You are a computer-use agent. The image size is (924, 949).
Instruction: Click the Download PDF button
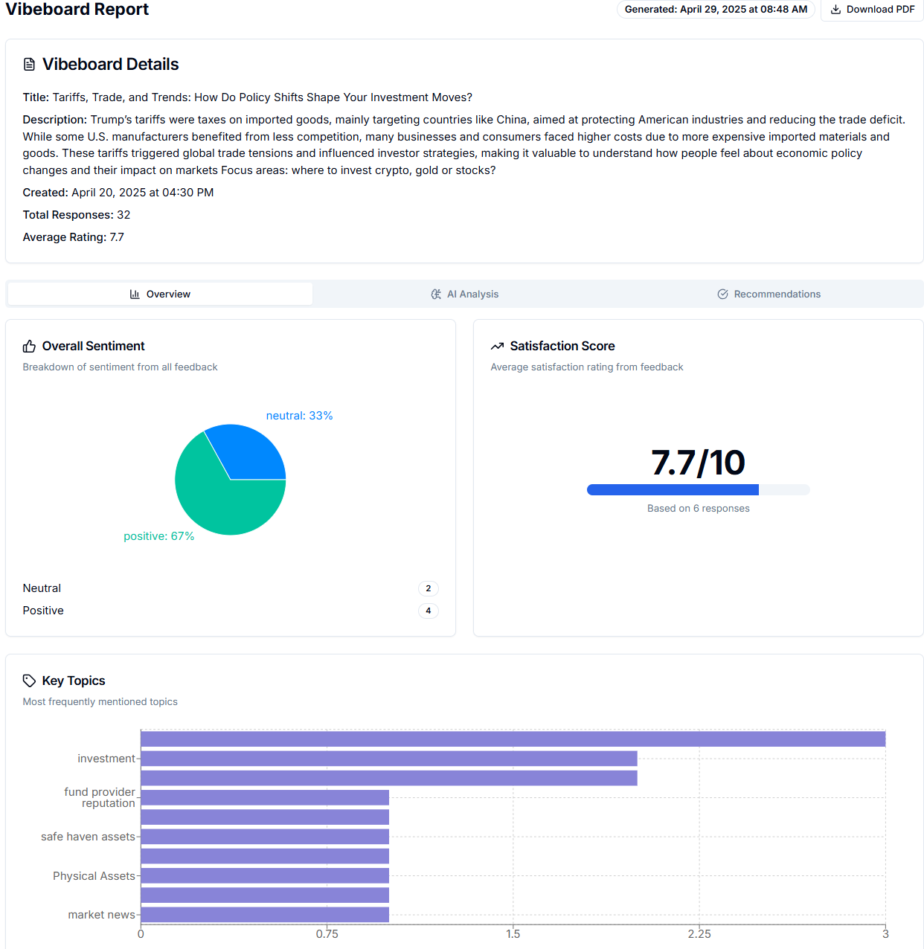(x=872, y=10)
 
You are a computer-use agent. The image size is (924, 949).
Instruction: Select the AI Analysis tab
(x=465, y=294)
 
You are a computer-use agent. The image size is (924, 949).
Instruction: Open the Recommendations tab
(x=769, y=294)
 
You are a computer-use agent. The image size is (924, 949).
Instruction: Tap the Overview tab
(x=160, y=294)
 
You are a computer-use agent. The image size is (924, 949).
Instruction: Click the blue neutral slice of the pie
(x=249, y=454)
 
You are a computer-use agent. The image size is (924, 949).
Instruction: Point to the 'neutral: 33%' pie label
(x=299, y=416)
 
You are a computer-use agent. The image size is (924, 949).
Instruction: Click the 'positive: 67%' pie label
(x=158, y=536)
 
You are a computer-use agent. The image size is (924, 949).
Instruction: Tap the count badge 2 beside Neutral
(x=428, y=588)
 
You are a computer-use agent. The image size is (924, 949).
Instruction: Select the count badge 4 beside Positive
(x=428, y=611)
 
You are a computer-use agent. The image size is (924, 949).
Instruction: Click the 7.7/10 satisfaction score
(x=698, y=463)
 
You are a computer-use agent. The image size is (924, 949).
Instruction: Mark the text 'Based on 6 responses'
(x=698, y=509)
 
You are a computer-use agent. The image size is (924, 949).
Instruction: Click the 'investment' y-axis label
(x=106, y=759)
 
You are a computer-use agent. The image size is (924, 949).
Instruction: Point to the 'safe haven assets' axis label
(x=88, y=837)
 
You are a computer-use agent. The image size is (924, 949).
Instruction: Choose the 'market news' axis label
(x=101, y=915)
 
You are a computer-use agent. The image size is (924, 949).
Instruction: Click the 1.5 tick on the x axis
(x=513, y=934)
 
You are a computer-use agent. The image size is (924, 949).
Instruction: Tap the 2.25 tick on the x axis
(x=699, y=934)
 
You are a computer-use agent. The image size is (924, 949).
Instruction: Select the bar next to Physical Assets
(x=265, y=875)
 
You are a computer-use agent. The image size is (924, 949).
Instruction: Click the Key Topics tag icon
(x=29, y=681)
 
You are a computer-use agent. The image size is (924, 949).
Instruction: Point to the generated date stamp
(x=716, y=10)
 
